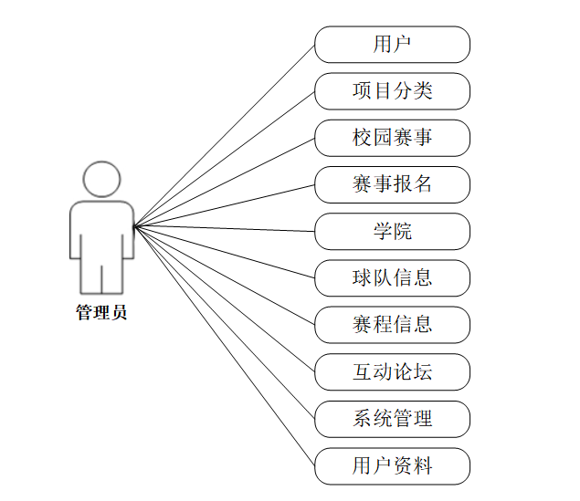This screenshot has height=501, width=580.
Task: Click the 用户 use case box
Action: [392, 44]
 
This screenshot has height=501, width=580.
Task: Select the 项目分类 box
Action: [392, 90]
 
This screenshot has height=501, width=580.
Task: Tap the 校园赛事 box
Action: [392, 137]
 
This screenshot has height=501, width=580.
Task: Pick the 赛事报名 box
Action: [392, 183]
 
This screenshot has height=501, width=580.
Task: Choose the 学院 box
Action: [392, 231]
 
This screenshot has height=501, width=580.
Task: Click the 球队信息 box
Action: [392, 277]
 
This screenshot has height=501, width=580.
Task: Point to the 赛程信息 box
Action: [392, 324]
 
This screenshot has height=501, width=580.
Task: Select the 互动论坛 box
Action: [392, 371]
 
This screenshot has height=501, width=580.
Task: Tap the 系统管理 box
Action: [392, 418]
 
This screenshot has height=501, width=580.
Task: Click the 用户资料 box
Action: [392, 465]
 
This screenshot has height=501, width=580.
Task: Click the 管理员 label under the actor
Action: [100, 313]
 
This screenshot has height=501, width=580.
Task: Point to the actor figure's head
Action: [100, 179]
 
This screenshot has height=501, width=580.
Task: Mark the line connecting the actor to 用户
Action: [224, 135]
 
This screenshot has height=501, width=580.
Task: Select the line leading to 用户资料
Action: [224, 345]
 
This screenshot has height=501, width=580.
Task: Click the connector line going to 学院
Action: [224, 228]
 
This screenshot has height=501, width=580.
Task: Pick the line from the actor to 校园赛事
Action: [224, 182]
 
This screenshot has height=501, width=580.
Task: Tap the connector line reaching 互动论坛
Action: [224, 298]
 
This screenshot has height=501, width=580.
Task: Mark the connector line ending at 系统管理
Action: [224, 321]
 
